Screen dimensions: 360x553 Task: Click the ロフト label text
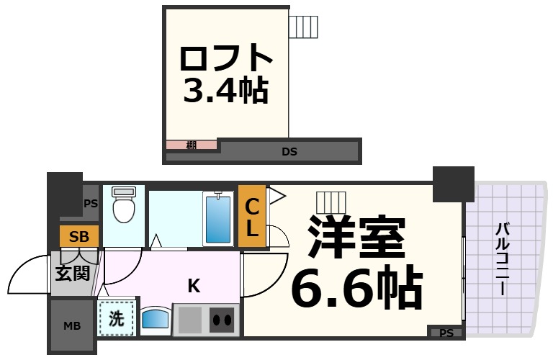pyautogui.click(x=225, y=58)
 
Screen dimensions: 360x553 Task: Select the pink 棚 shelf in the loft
pyautogui.click(x=192, y=145)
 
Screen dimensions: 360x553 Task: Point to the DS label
pyautogui.click(x=289, y=152)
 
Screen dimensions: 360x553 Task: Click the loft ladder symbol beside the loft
pyautogui.click(x=302, y=27)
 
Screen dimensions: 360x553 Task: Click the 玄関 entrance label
pyautogui.click(x=73, y=274)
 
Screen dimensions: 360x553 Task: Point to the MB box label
pyautogui.click(x=72, y=326)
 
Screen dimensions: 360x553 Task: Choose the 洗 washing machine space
pyautogui.click(x=116, y=318)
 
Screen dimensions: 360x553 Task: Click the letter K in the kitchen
pyautogui.click(x=194, y=286)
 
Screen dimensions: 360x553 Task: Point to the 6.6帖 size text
pyautogui.click(x=356, y=289)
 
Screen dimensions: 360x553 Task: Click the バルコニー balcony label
pyautogui.click(x=503, y=259)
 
